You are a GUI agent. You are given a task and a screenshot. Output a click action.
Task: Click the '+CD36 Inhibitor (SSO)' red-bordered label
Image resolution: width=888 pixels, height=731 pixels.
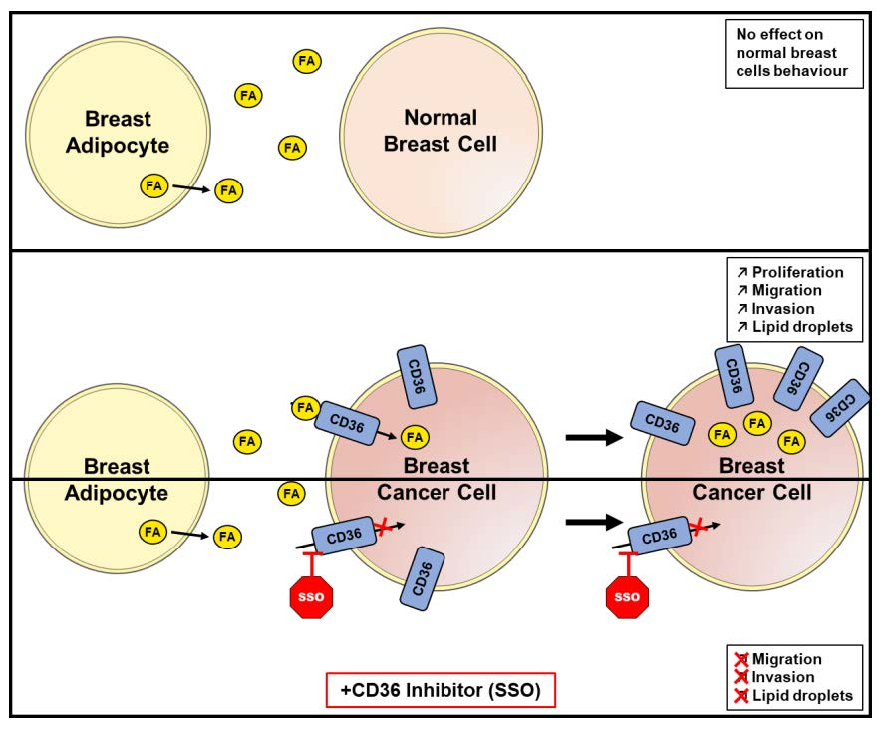(x=441, y=690)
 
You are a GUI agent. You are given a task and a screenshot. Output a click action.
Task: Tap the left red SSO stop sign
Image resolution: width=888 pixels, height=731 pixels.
(x=311, y=597)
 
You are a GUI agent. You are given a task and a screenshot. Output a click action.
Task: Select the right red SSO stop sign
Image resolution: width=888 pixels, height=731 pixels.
(x=627, y=597)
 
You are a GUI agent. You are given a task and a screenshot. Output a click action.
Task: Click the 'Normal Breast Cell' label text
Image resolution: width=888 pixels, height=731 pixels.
(x=441, y=131)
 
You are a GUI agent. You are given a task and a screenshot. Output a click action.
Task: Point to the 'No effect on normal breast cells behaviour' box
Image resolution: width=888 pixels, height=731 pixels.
(x=794, y=53)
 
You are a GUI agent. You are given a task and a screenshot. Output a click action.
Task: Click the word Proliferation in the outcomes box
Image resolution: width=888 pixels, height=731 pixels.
(x=797, y=272)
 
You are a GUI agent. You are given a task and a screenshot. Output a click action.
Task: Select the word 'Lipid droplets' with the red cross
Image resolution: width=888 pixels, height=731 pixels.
(x=802, y=695)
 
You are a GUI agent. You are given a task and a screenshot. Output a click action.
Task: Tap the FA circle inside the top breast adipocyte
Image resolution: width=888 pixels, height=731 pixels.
(x=154, y=185)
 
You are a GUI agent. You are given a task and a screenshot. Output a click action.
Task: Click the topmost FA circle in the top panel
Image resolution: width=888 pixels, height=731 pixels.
(x=307, y=61)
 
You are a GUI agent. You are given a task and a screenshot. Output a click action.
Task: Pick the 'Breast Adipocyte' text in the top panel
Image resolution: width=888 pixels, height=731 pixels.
(x=118, y=132)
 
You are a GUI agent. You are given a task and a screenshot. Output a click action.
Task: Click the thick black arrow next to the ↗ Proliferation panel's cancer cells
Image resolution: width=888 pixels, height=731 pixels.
(x=594, y=437)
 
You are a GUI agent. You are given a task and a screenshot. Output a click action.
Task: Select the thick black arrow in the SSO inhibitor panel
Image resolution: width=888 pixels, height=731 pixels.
(x=594, y=522)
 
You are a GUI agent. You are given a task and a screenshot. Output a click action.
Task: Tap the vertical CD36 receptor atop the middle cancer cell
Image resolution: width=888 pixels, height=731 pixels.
(x=417, y=377)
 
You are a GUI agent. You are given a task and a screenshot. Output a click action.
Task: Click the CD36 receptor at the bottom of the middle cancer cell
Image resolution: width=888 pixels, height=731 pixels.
(x=422, y=578)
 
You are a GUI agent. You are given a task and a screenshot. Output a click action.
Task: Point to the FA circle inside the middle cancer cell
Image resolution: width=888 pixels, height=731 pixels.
(x=415, y=437)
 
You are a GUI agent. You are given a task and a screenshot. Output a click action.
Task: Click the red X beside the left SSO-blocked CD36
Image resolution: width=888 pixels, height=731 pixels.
(x=383, y=526)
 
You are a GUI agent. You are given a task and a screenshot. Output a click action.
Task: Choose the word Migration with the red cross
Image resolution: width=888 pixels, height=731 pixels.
(x=786, y=659)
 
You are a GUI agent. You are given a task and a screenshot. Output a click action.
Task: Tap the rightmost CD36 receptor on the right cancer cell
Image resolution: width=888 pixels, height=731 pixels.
(x=840, y=408)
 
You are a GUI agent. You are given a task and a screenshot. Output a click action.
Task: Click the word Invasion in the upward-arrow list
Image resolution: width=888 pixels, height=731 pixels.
(x=783, y=309)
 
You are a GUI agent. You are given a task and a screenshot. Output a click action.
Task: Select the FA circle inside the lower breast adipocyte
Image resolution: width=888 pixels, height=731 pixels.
(x=152, y=532)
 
